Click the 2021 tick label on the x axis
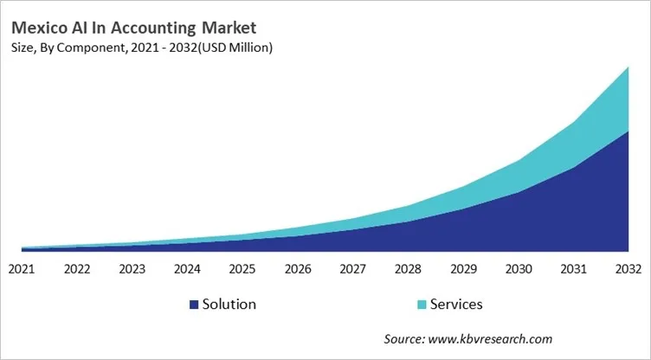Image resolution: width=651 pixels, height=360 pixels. tap(22, 268)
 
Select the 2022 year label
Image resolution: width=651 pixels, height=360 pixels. tap(77, 268)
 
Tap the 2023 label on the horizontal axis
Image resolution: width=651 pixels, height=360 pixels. tap(132, 268)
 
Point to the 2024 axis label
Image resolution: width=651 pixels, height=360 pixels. tap(187, 268)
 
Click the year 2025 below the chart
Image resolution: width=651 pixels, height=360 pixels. tap(242, 268)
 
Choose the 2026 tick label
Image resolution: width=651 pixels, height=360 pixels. tap(298, 268)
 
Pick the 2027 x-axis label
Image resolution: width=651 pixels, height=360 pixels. tap(352, 268)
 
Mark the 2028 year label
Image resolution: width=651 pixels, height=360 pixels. tap(408, 268)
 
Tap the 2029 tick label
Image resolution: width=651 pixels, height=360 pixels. tap(463, 268)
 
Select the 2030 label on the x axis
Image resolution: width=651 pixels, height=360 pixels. tap(518, 268)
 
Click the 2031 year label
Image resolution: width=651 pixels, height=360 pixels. tap(573, 268)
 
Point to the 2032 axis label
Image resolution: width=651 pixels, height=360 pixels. tap(628, 268)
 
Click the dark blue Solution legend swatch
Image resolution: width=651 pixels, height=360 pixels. tap(194, 305)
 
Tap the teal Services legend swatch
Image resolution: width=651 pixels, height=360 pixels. tap(421, 305)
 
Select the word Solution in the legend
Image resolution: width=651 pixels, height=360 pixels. tap(229, 305)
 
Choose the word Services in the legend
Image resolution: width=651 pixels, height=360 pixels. tap(456, 305)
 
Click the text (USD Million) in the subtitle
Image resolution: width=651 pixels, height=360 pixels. tap(235, 48)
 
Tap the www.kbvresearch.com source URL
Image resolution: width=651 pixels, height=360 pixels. tap(490, 338)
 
